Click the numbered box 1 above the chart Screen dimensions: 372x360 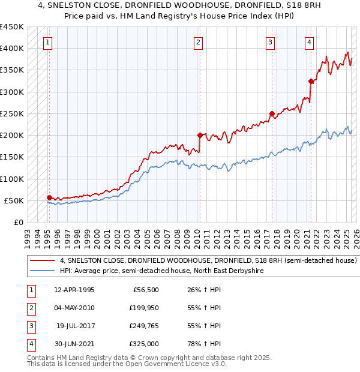(x=47, y=42)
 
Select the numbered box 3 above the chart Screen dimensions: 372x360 (x=271, y=42)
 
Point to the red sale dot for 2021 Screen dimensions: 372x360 (x=311, y=81)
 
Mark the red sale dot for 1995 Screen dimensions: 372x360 (x=49, y=197)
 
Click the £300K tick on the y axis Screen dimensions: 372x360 (x=12, y=92)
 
